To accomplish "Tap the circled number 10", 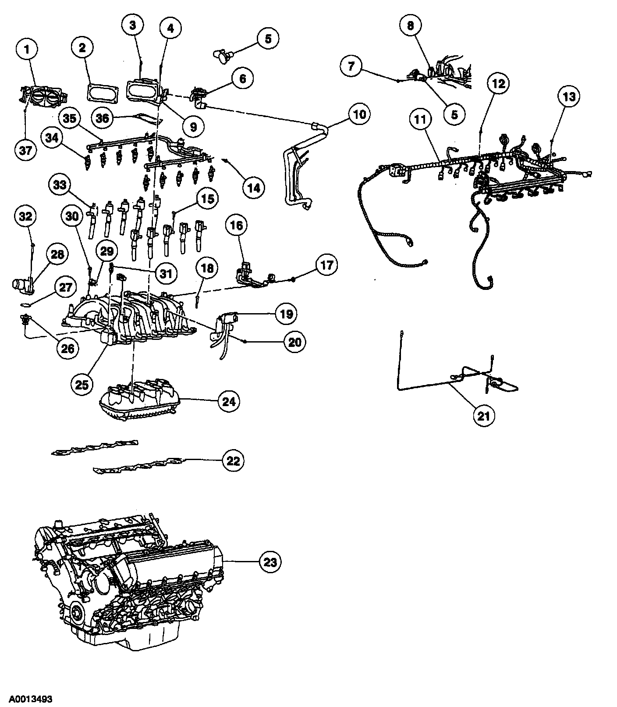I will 359,114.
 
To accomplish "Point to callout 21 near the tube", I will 483,415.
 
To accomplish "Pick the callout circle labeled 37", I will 26,150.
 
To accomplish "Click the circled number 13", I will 568,96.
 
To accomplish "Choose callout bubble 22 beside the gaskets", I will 234,460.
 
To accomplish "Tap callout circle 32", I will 28,216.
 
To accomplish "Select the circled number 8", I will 411,26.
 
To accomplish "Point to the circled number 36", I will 103,118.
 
